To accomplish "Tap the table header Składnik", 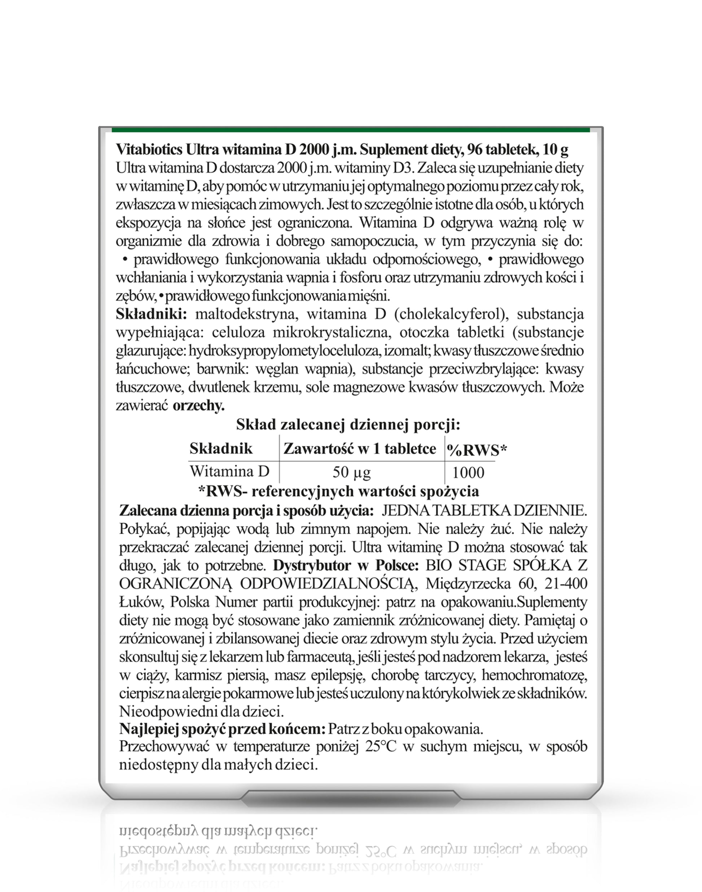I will point(221,448).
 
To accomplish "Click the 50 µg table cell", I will point(351,473).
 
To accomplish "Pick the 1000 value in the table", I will point(468,473).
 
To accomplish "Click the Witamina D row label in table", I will point(229,471).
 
